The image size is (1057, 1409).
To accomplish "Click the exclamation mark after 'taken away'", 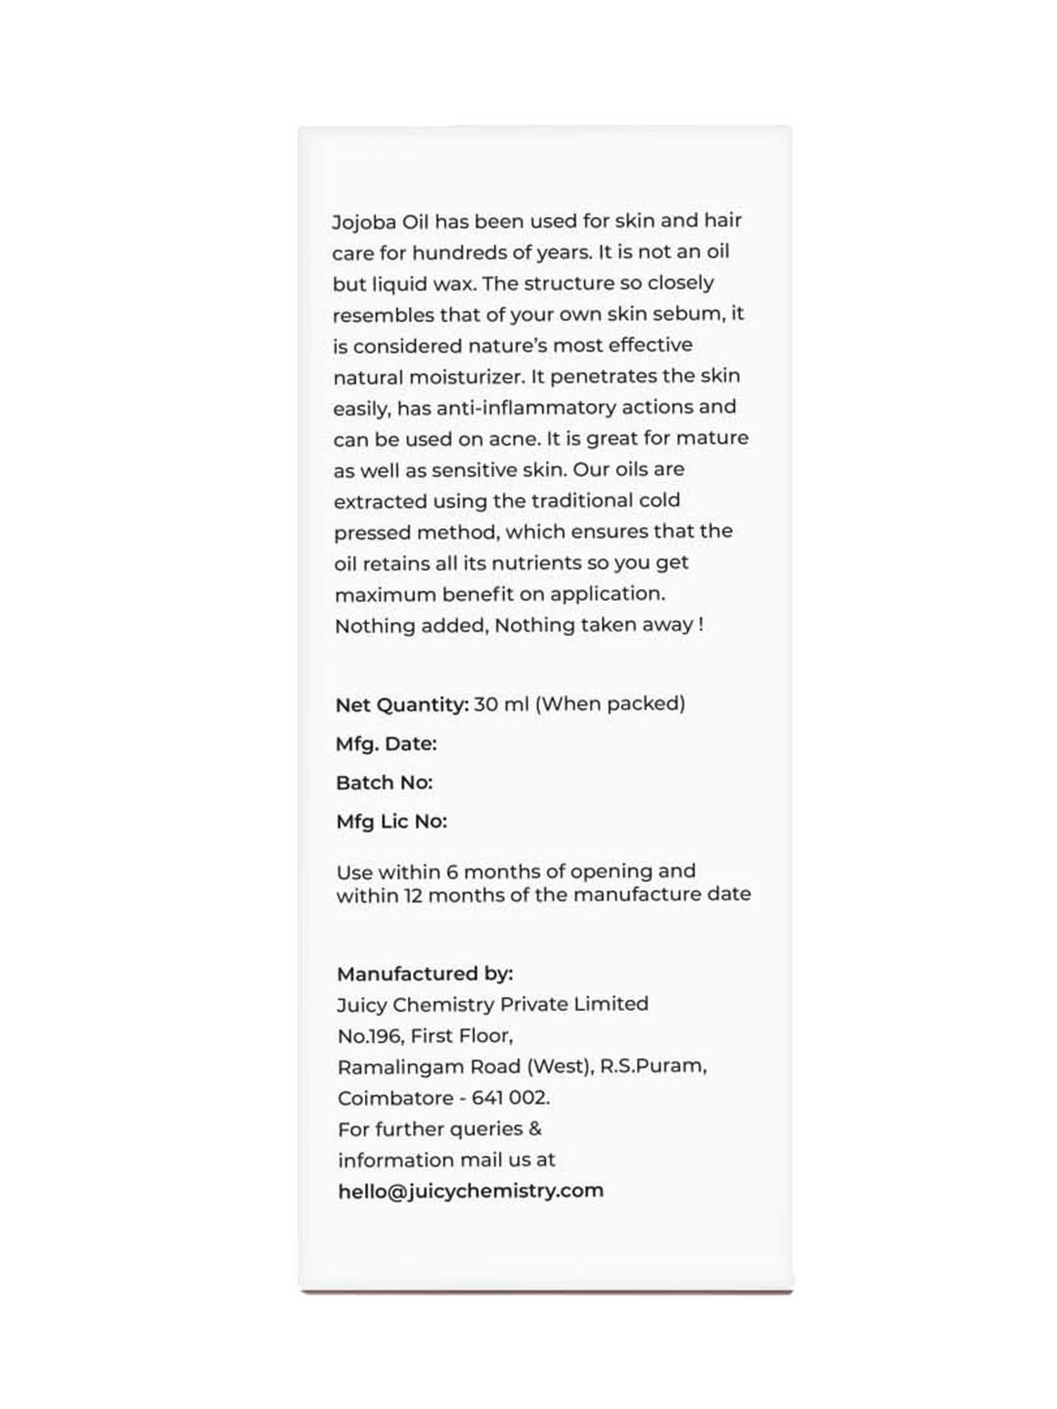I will pos(700,625).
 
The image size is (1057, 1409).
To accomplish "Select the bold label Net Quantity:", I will pos(402,704).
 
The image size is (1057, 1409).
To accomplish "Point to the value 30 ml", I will pos(501,704).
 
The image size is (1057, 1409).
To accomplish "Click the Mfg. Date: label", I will pos(386,744).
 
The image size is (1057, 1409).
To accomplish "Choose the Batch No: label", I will pos(384,783).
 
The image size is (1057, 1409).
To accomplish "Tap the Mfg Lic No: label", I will pos(391,821).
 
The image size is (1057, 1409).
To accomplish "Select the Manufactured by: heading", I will pos(425,974).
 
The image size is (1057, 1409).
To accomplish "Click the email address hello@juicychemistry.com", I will pos(471,1191).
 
